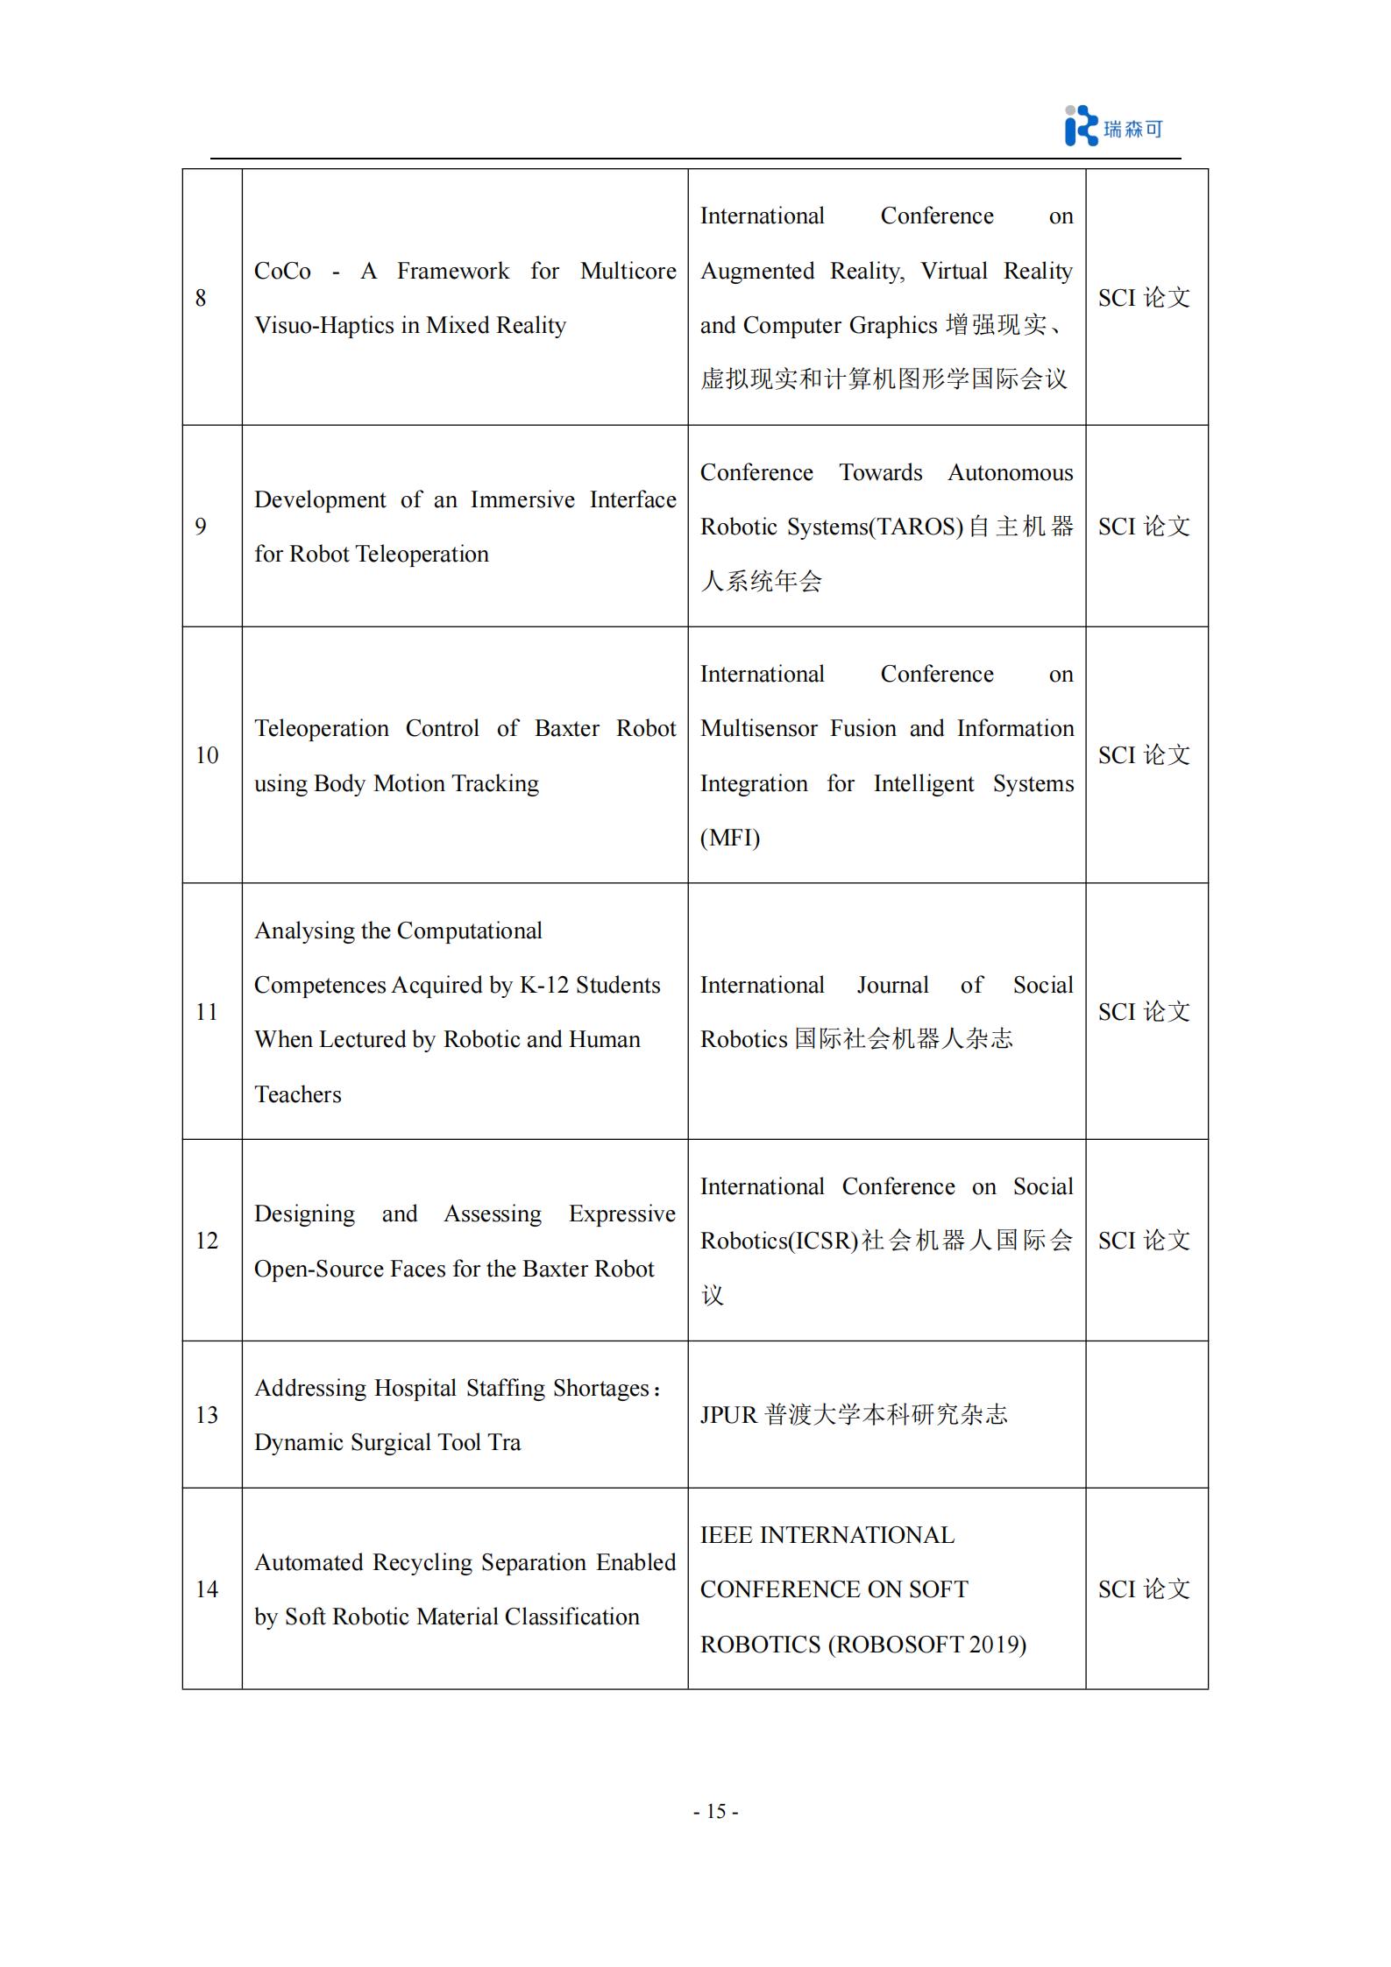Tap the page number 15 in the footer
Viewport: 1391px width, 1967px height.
(715, 1811)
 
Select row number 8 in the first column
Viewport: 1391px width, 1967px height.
(201, 298)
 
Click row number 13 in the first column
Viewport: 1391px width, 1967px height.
(207, 1415)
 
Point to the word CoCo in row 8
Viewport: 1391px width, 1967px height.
(282, 272)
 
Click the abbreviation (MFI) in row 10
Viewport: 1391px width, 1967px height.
(730, 838)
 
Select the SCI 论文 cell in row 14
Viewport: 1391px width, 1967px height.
(1144, 1589)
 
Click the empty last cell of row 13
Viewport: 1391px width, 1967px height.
(1146, 1415)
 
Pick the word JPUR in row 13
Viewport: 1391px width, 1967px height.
(728, 1415)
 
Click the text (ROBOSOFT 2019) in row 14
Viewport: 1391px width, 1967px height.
(927, 1645)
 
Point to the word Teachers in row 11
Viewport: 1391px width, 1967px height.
(298, 1094)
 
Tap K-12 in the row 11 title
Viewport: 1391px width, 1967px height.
(544, 986)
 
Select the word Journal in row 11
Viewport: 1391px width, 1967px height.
(892, 986)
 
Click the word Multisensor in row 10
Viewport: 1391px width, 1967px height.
(759, 729)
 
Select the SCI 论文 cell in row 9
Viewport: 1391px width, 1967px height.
(1144, 527)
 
